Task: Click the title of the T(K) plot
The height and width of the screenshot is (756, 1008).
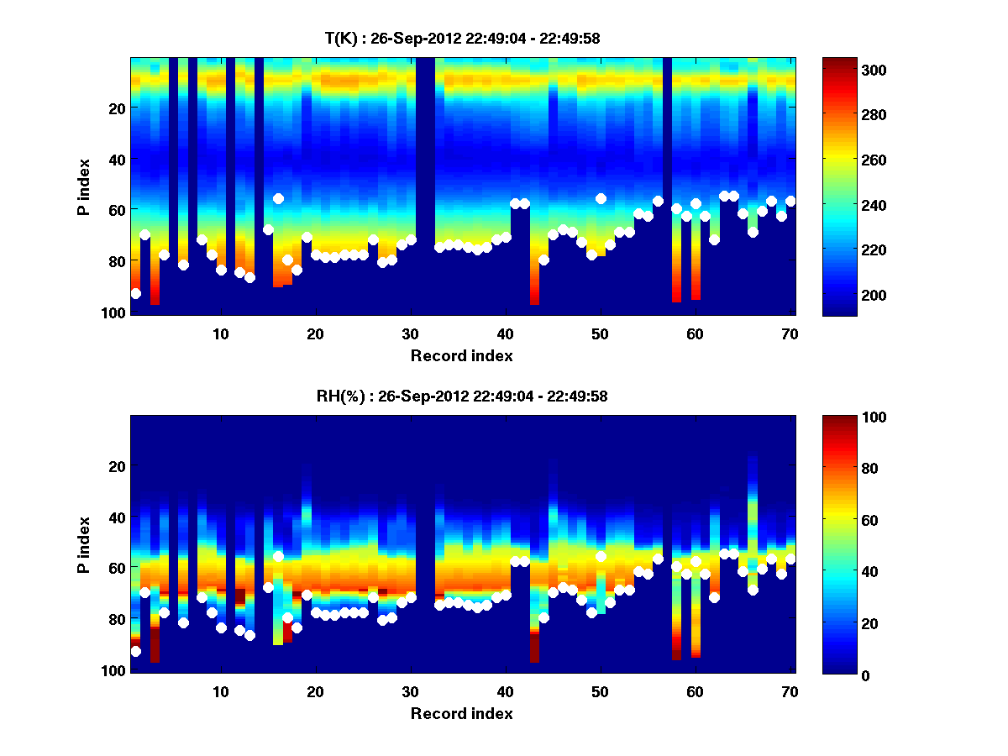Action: [461, 38]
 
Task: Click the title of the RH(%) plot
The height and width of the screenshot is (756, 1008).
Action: [461, 396]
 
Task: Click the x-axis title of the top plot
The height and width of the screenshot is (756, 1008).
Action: [461, 355]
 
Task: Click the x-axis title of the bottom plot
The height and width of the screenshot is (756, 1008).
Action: [461, 713]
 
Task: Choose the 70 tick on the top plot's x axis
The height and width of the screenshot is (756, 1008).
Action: [790, 333]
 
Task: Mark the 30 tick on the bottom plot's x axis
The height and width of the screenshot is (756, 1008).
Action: [411, 691]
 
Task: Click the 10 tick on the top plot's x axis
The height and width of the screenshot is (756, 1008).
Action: [221, 333]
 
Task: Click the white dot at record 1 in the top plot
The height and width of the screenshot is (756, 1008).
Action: [135, 293]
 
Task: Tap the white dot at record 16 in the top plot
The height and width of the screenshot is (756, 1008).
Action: [278, 198]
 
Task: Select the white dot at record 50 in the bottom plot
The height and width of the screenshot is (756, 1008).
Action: [601, 556]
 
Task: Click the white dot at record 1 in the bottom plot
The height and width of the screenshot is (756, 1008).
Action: [135, 651]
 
